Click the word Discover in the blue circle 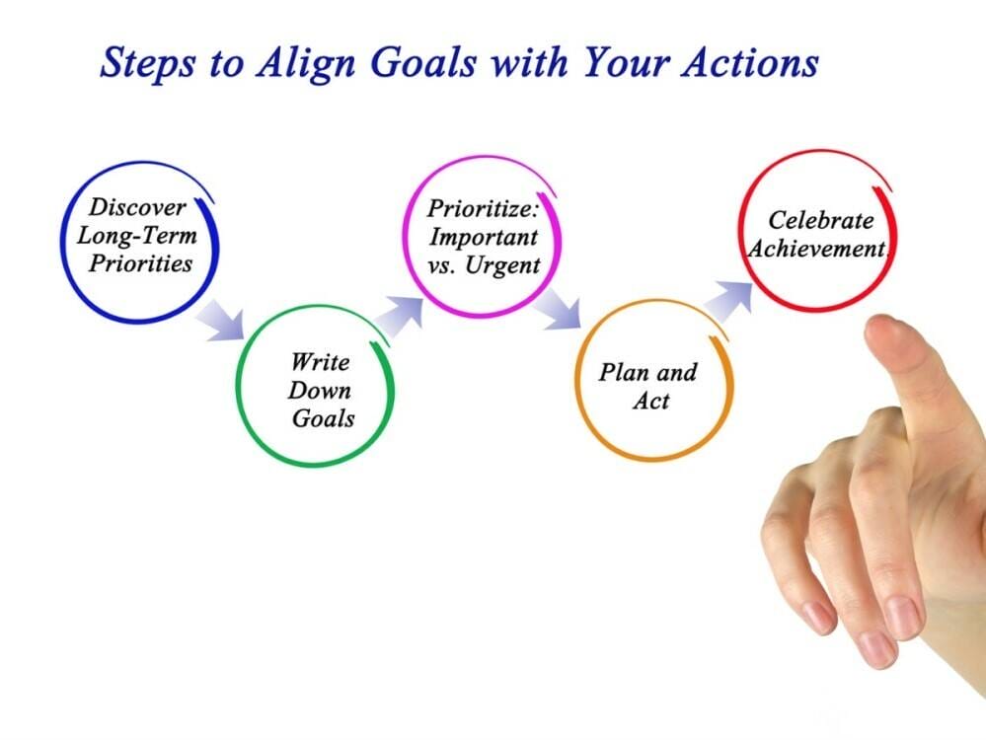[x=137, y=208]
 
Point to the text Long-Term [x=137, y=236]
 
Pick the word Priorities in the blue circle [x=139, y=263]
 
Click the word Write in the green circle [x=320, y=361]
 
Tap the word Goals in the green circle [x=323, y=417]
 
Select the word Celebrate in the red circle [x=821, y=221]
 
